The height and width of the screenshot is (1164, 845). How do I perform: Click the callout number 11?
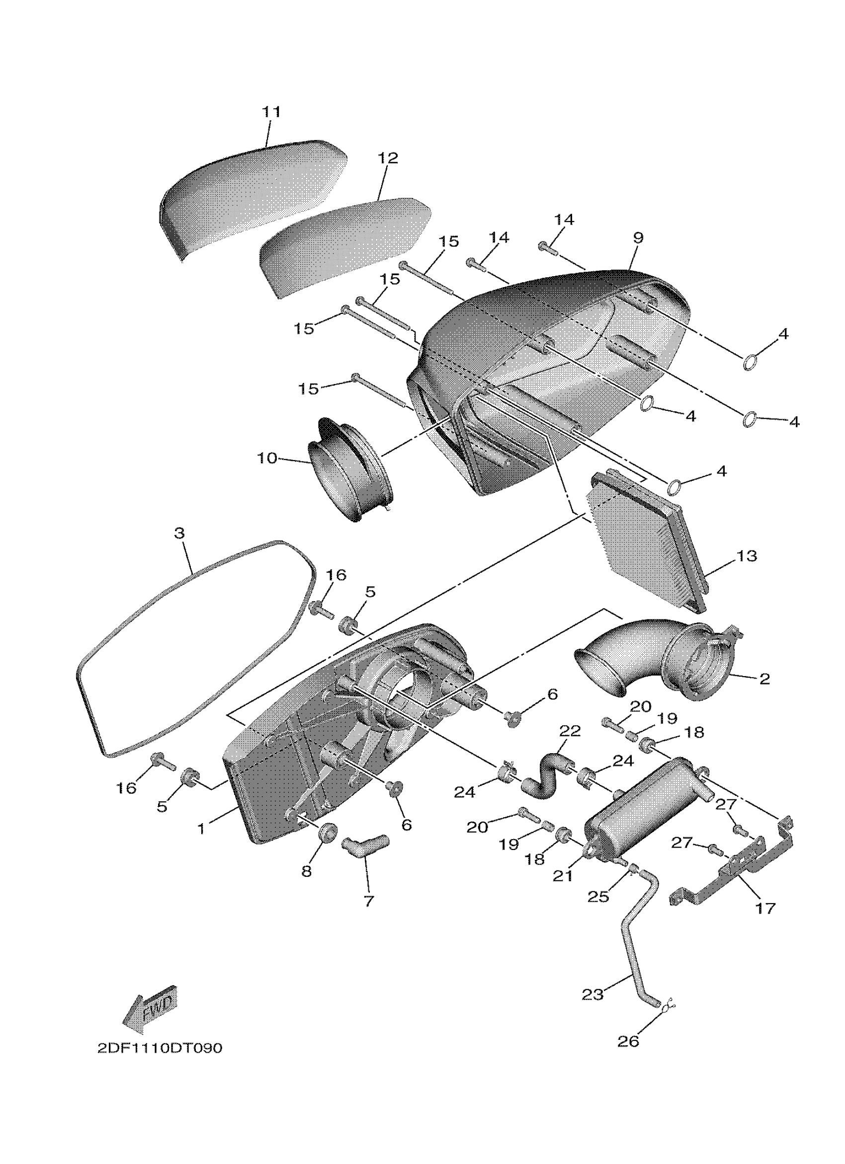click(271, 112)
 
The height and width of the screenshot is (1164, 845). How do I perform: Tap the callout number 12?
click(388, 158)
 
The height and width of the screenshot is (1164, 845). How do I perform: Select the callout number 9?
click(638, 238)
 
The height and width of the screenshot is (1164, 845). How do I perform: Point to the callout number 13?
click(747, 555)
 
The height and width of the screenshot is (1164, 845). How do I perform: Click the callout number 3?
click(179, 533)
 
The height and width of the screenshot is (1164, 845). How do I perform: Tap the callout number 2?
click(764, 679)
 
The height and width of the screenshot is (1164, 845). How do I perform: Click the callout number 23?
click(592, 995)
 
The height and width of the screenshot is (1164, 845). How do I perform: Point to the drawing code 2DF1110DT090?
click(160, 1048)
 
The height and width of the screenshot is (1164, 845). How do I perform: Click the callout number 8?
click(307, 871)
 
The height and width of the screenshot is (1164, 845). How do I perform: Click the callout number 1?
click(201, 828)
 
